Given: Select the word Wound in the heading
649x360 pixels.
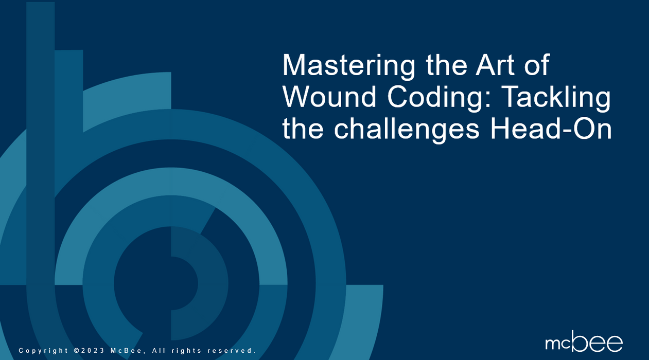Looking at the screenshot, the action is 329,97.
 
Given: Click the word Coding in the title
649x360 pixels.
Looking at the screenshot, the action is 436,98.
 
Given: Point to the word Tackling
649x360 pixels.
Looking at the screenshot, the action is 556,98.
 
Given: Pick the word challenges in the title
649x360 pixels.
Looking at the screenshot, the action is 407,130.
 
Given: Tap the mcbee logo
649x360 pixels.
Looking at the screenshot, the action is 584,341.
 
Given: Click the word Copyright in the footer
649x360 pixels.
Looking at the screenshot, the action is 43,351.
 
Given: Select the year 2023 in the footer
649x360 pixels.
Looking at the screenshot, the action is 93,350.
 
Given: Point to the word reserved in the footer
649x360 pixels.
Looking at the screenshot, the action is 232,350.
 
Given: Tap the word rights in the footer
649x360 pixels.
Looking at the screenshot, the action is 186,351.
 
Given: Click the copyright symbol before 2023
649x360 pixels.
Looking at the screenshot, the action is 77,350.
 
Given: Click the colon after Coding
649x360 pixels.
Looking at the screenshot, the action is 488,99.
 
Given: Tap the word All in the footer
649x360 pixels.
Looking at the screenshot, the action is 159,350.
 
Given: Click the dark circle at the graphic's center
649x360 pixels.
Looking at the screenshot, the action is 156,283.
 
